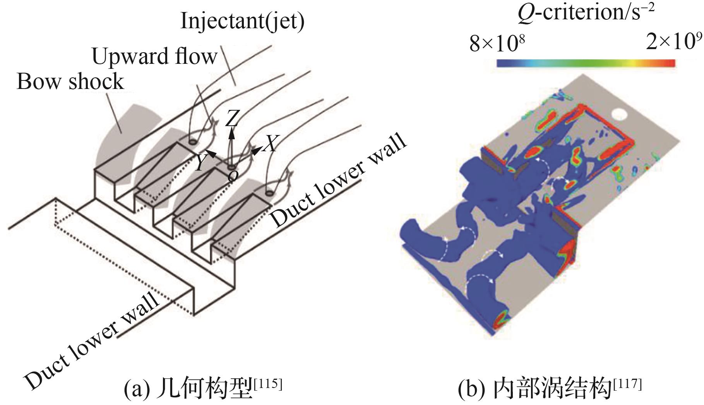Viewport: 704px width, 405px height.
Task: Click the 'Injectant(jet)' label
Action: coord(242,22)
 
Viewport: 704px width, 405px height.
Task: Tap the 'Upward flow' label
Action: coord(155,56)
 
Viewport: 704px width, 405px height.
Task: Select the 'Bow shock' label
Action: coord(70,82)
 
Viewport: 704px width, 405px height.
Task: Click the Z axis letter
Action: coord(232,118)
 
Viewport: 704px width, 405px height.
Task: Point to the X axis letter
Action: coord(271,144)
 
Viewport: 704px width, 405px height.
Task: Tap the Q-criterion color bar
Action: coord(586,63)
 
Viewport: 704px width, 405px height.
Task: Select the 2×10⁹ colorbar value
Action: coord(674,41)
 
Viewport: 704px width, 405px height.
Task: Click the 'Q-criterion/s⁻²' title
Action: coord(586,13)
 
